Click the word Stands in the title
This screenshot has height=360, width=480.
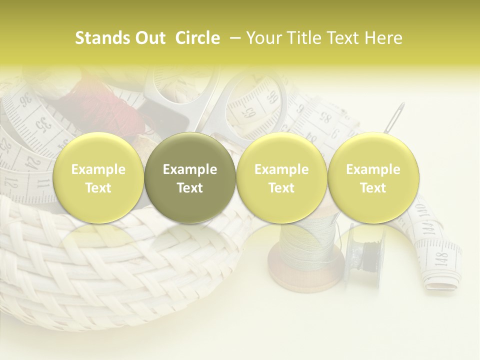point(97,38)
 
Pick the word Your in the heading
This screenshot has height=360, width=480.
point(263,38)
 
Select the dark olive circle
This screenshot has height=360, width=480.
point(190,178)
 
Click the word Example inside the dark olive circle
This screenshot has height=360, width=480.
point(190,169)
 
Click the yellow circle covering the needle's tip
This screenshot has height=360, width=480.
point(373,178)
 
